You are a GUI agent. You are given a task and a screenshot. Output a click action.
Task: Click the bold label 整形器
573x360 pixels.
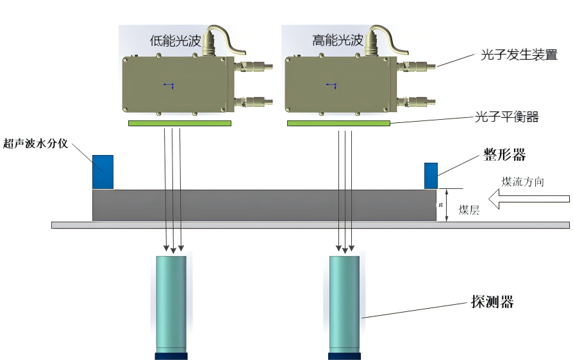504,155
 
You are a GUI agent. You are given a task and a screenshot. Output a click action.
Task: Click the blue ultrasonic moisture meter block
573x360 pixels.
103,172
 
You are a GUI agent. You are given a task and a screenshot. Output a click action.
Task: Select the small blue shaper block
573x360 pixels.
431,176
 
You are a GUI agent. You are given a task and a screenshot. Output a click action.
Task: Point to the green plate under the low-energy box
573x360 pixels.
179,123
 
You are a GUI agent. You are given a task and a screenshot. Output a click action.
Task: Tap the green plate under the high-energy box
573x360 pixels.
338,123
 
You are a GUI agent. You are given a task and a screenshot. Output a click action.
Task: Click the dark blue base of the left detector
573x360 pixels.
171,356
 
